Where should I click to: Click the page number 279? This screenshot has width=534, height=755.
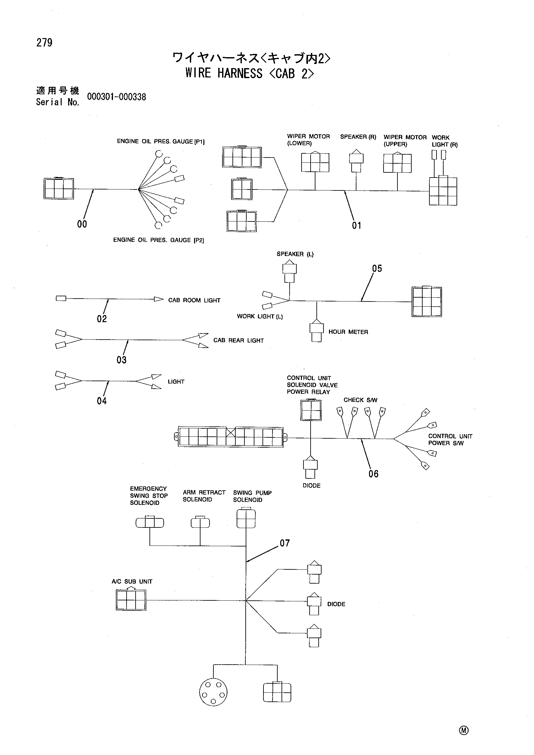tap(44, 43)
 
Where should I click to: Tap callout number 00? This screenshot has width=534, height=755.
tap(82, 224)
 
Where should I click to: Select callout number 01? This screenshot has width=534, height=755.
tap(356, 226)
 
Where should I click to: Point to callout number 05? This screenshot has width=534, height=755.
tap(377, 269)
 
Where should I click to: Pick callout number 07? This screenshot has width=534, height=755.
tap(285, 543)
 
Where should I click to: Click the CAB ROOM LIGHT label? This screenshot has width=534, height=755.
tap(194, 300)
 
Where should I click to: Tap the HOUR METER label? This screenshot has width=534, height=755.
tap(348, 332)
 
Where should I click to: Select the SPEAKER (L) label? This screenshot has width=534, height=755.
tap(295, 254)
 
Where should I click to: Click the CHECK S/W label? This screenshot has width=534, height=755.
tap(360, 400)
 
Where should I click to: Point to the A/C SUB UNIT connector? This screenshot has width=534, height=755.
tap(131, 600)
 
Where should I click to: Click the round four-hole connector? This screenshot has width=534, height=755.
tap(213, 694)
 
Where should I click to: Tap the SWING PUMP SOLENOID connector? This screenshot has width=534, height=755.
tap(246, 518)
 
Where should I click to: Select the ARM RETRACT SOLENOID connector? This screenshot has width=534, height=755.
tap(200, 522)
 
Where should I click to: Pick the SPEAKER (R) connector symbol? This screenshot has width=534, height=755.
tap(356, 161)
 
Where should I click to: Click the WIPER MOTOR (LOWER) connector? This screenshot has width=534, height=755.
tap(315, 162)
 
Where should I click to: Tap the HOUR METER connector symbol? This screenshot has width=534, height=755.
tap(316, 331)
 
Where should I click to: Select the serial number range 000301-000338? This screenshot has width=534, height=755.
tap(117, 97)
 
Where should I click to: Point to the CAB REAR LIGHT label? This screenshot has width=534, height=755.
tap(238, 340)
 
